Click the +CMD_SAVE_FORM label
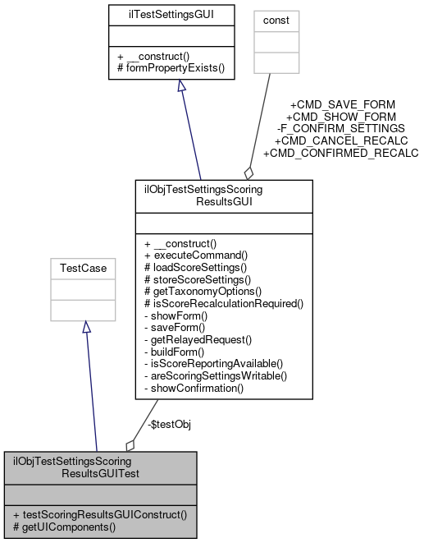(342, 104)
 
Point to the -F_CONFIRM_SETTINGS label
(341, 129)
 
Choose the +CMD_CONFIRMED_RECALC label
(340, 153)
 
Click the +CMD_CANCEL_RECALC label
(341, 140)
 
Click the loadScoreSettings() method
(195, 267)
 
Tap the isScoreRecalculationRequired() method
(223, 303)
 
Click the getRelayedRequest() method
(197, 338)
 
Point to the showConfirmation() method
(194, 386)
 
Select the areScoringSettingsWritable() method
(216, 375)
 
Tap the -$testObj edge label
(152, 425)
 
